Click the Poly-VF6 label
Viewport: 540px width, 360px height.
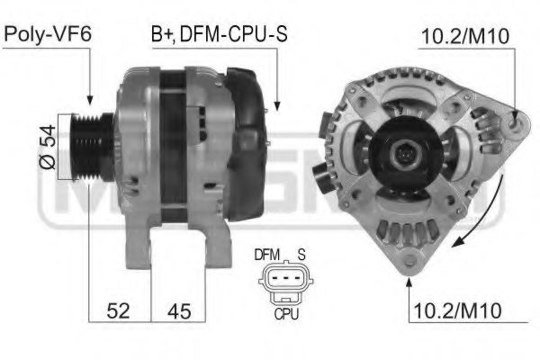coord(49,35)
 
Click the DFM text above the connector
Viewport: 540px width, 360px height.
coord(267,255)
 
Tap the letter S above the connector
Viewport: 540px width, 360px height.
coord(303,255)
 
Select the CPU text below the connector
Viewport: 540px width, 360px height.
coord(286,316)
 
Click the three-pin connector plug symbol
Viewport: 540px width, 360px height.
coord(286,283)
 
